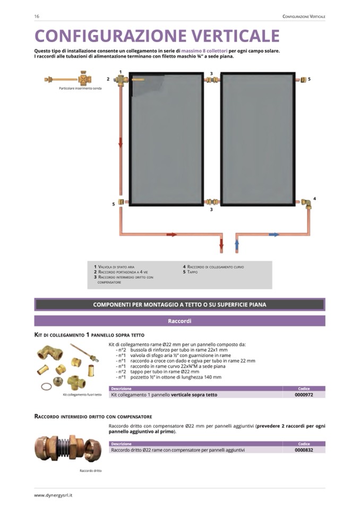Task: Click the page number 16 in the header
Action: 37,16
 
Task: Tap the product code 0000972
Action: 304,394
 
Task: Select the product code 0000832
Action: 304,450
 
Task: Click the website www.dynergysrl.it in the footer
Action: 53,495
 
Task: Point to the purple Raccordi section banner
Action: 179,321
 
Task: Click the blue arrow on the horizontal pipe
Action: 273,234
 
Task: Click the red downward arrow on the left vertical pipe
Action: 121,142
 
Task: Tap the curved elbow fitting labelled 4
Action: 306,203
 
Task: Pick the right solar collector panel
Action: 257,139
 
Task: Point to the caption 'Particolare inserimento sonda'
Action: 80,88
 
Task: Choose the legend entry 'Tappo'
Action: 192,272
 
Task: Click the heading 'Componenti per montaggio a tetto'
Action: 179,305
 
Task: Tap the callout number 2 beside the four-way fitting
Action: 108,79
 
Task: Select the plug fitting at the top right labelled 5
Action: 303,80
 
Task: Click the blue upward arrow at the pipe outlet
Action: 237,246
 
